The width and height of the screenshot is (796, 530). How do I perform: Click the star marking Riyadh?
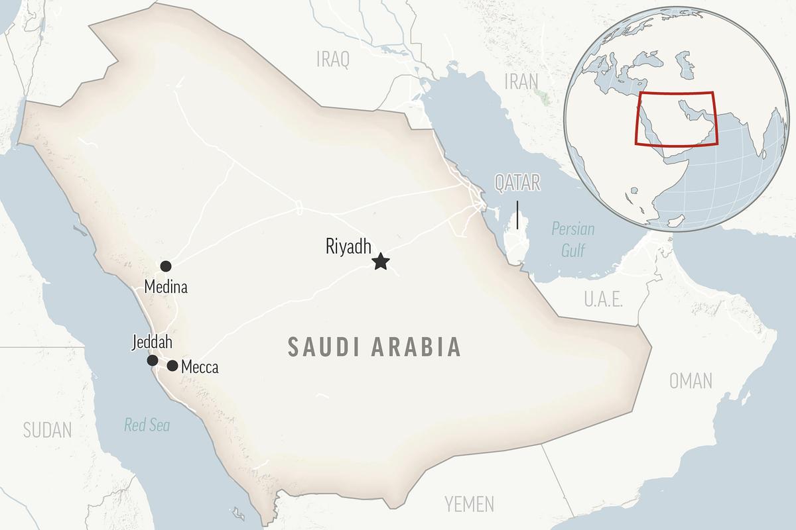tap(380, 262)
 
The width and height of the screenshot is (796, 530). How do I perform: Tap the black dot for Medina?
tap(166, 266)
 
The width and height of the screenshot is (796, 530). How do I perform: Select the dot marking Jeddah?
tap(153, 360)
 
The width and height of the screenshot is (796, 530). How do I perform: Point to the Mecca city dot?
tap(172, 365)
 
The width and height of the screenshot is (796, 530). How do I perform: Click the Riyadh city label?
tap(348, 246)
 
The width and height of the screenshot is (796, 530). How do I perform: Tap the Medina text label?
tap(166, 288)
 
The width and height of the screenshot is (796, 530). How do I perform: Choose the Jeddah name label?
tap(152, 343)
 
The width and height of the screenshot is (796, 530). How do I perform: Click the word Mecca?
tap(200, 367)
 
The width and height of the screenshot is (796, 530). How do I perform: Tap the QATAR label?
tap(517, 183)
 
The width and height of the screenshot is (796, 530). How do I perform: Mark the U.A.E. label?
tap(603, 299)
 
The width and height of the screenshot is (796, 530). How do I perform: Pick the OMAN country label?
tap(691, 381)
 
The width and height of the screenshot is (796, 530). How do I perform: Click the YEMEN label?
tap(469, 503)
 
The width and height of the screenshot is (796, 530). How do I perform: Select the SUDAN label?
tap(47, 430)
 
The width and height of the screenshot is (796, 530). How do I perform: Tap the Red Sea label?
tap(147, 425)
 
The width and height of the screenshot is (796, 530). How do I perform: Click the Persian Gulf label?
tap(573, 240)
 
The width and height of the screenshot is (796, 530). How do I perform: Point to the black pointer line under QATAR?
tap(517, 215)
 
